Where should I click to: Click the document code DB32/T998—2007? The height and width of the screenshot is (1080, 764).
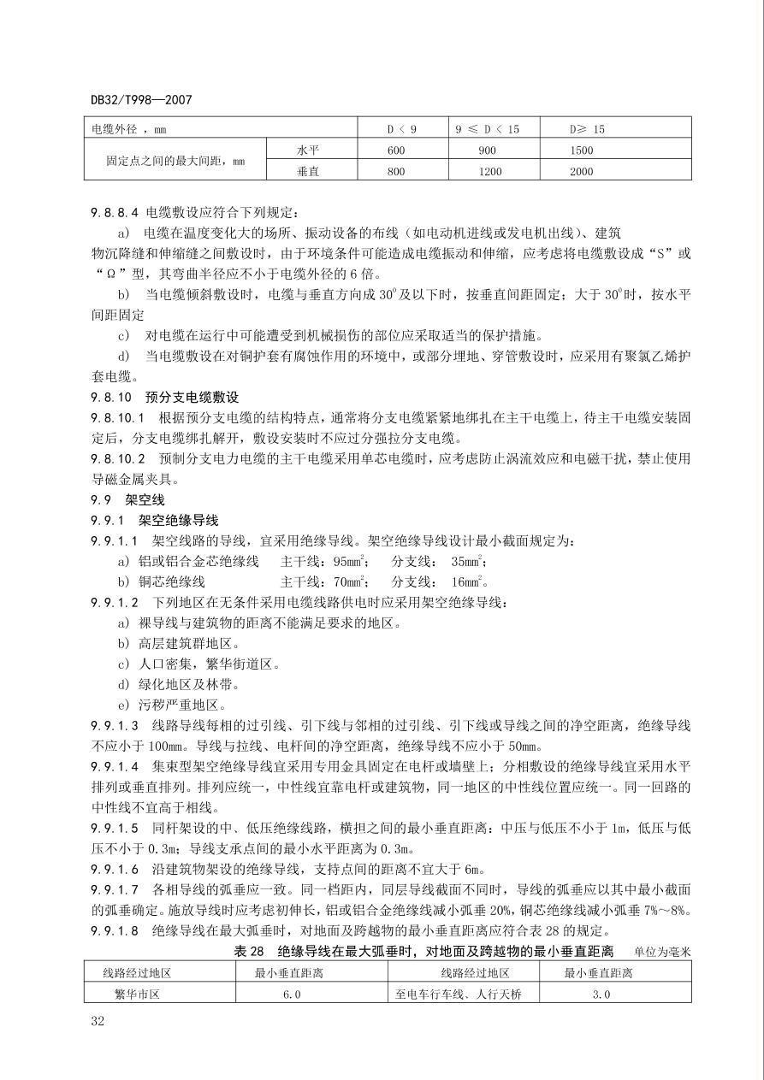(x=141, y=100)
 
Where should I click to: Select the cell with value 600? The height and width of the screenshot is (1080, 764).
(x=394, y=150)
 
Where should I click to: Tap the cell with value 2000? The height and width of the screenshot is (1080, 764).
(x=581, y=171)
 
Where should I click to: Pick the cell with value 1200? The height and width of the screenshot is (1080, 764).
(x=487, y=171)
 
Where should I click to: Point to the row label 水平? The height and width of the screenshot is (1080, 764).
(x=308, y=150)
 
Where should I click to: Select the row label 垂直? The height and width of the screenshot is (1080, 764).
(x=308, y=171)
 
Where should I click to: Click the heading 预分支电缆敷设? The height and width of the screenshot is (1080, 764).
(x=192, y=398)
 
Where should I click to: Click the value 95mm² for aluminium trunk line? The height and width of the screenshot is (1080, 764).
(x=351, y=562)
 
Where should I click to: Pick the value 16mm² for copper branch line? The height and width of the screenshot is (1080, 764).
(x=469, y=582)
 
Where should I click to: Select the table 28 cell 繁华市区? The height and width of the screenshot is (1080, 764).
(x=137, y=994)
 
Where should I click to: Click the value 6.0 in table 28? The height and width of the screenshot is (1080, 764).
(x=292, y=994)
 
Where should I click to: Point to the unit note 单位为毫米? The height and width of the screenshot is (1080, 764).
(x=661, y=952)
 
